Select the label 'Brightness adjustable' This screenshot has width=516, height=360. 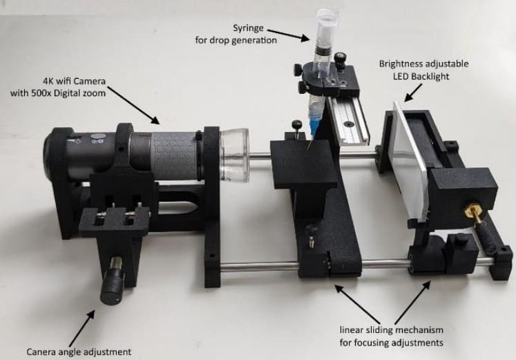(423, 64)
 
